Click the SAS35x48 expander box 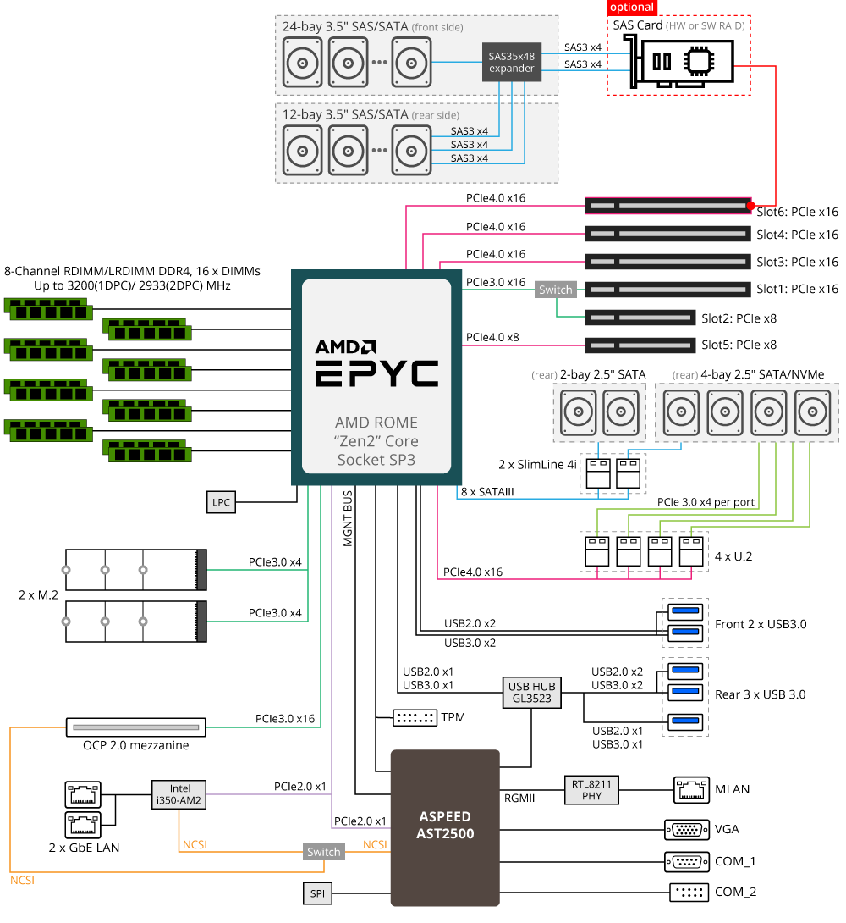[512, 63]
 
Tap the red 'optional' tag [631, 7]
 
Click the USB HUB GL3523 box [530, 693]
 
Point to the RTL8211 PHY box [591, 790]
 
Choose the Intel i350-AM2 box [179, 794]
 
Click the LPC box [221, 502]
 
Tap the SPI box [316, 893]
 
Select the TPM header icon [415, 718]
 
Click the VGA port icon [686, 829]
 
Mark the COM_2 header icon [686, 892]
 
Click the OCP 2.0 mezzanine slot [135, 727]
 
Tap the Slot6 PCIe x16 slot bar [668, 206]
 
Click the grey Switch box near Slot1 [555, 290]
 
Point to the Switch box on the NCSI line [323, 852]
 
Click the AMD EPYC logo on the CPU [376, 364]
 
